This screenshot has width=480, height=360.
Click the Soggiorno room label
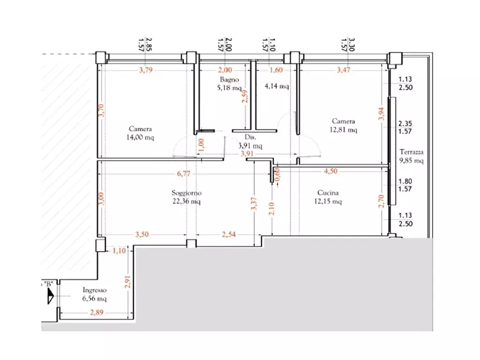coord(187,193)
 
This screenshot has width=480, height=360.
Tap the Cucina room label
coord(328,193)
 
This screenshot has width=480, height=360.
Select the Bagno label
coord(230,80)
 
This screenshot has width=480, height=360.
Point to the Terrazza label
coord(411,152)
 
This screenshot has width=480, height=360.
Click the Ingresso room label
coord(95,290)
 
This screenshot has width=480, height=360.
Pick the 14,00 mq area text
coord(140,138)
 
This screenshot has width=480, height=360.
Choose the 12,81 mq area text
coord(343,130)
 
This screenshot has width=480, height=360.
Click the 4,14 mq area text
coord(277,87)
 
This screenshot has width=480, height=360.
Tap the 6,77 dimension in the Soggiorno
coord(184,174)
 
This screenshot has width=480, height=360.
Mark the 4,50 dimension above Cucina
coord(331,171)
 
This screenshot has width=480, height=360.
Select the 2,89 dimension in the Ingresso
coord(96,313)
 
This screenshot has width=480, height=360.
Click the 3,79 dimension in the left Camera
coord(146,70)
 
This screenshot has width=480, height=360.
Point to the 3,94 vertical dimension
coord(381,114)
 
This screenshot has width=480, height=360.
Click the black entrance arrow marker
coord(51,296)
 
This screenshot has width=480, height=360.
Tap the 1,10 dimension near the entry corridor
coord(119,251)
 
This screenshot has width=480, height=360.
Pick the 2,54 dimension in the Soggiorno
coord(228,234)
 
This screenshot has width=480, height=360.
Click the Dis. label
coord(250,138)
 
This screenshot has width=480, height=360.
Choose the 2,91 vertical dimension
coord(127,282)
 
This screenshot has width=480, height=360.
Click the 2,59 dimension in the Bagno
coord(245,96)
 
